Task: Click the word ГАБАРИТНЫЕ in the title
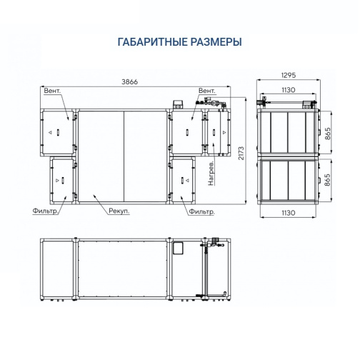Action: coord(152,42)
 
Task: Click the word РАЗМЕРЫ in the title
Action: coord(216,42)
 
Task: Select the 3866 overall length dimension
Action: coord(129,81)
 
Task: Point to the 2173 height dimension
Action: coord(241,153)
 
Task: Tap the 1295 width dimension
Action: coord(289,75)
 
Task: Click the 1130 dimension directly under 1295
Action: coord(289,90)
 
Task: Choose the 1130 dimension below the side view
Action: coord(289,213)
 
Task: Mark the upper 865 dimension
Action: coord(328,134)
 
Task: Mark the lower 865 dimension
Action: coord(328,180)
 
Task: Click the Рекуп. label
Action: coord(119,211)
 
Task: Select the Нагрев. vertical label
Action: coord(211,173)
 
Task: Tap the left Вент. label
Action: coord(52,91)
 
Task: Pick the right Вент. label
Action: coord(207,91)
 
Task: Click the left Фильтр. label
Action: coord(45,211)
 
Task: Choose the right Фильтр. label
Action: coord(201,211)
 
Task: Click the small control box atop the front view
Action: coord(178,104)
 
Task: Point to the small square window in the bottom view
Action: coord(177,249)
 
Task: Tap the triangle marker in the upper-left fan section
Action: coord(50,132)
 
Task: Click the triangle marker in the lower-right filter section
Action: coord(188,180)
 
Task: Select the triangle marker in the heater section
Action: coord(224,132)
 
